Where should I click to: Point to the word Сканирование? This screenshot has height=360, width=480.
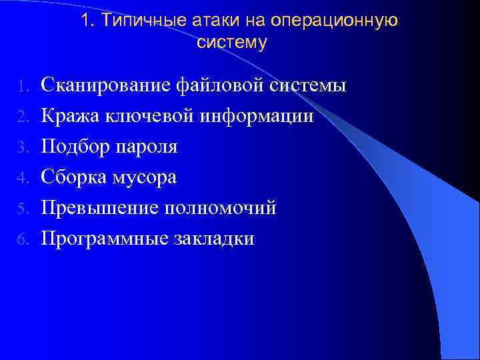click(106, 85)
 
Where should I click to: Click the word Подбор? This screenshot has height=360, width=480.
click(73, 147)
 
